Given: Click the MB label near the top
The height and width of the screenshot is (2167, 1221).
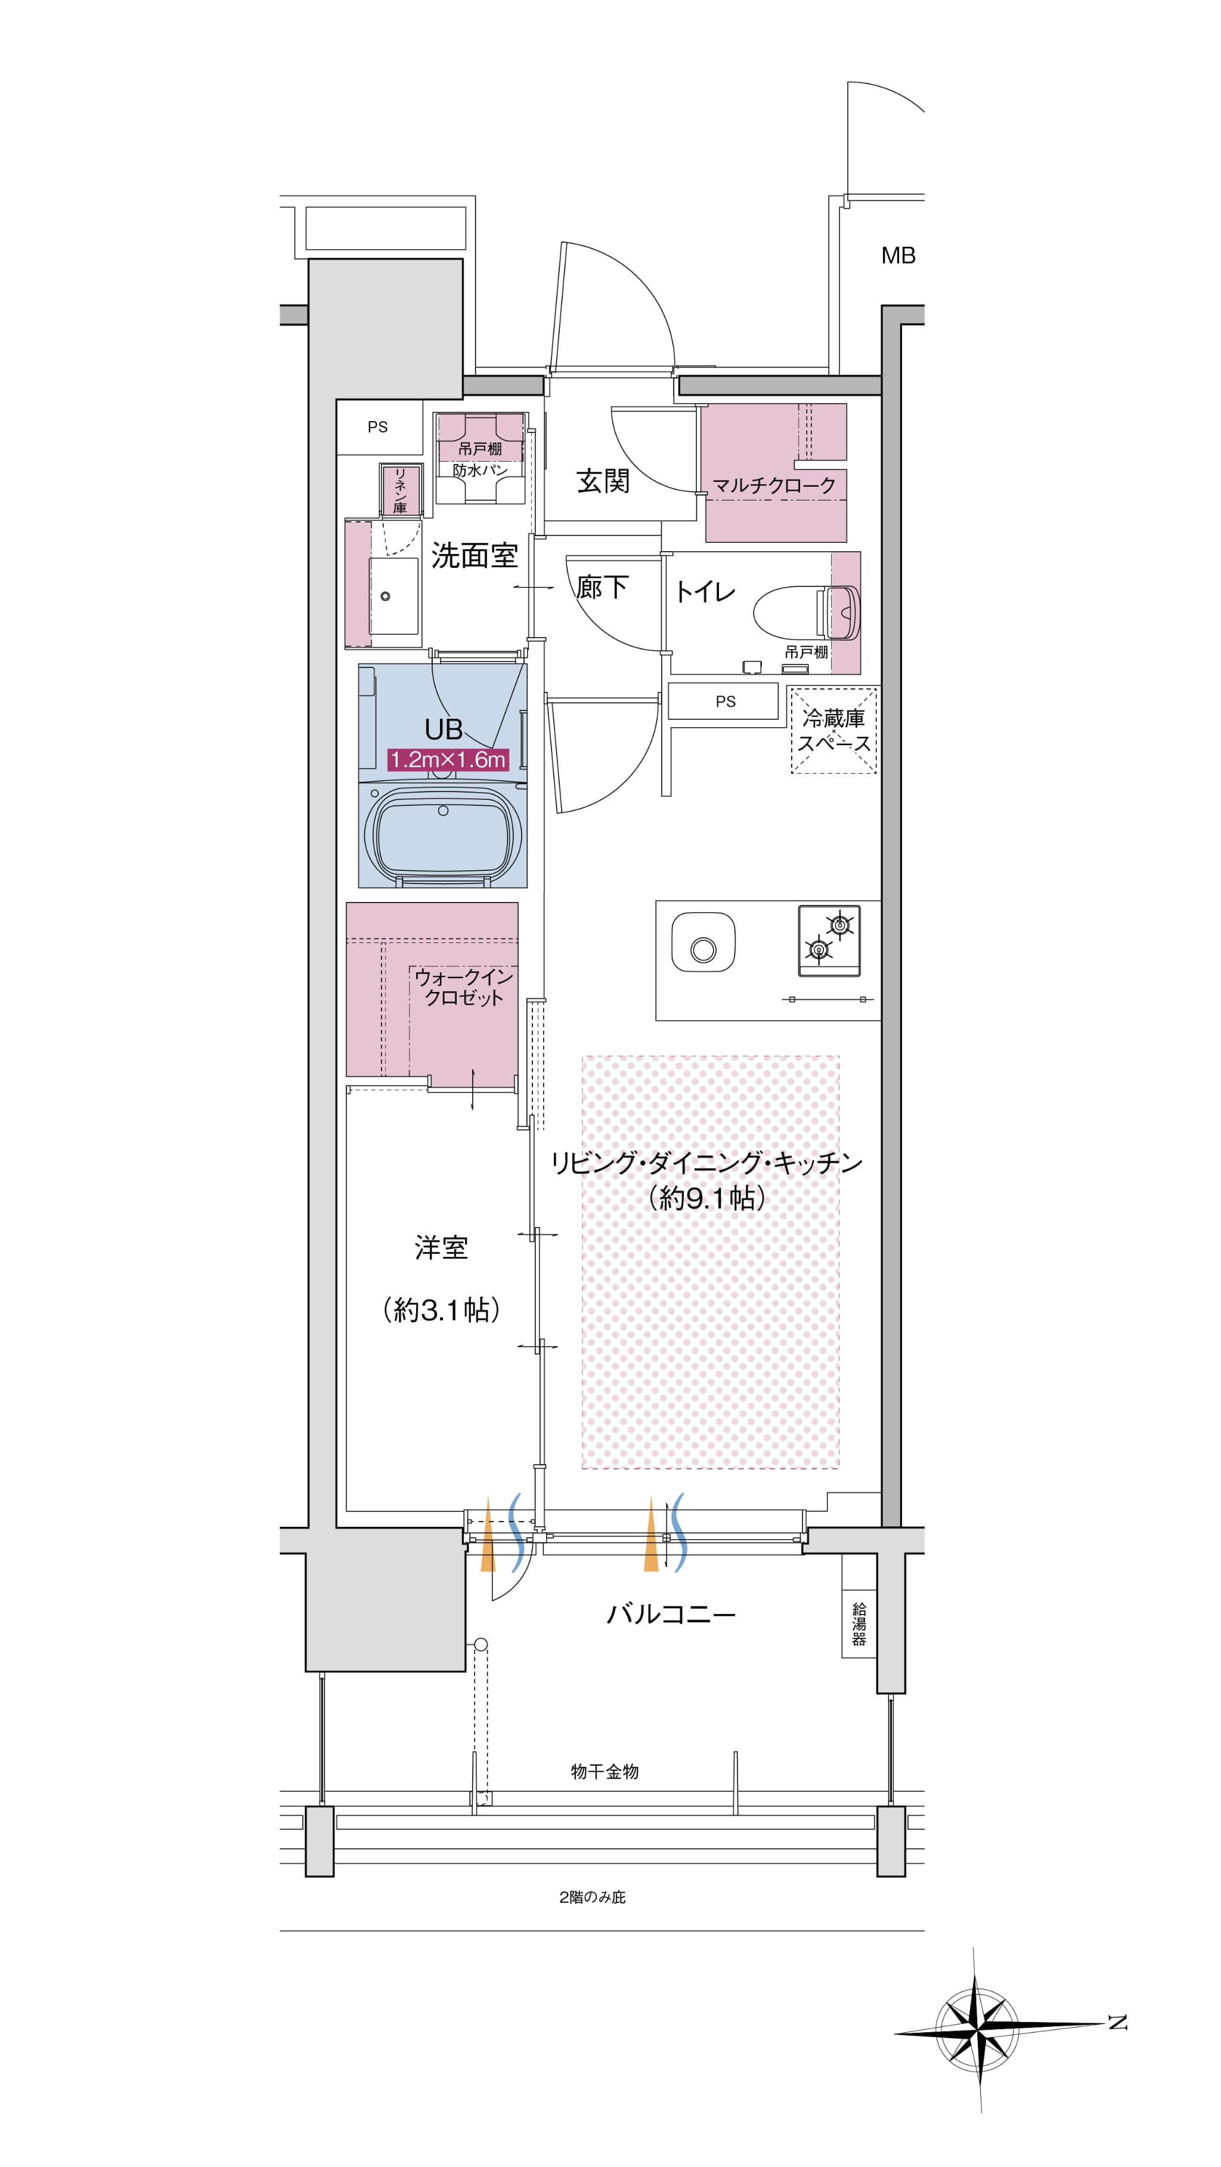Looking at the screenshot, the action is click(x=898, y=256).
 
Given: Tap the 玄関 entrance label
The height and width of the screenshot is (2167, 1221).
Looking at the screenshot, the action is click(x=603, y=481).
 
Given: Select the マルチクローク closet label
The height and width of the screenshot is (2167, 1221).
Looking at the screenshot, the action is click(x=774, y=486).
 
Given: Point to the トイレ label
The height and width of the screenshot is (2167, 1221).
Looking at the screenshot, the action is click(x=705, y=591).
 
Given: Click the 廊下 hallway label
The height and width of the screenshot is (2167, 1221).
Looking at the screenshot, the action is click(x=602, y=587).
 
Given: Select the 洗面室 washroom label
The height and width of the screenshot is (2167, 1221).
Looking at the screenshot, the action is click(x=475, y=555).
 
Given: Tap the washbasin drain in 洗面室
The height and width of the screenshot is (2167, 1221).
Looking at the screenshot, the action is click(x=385, y=596).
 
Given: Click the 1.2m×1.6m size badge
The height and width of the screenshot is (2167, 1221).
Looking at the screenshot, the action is click(x=447, y=760).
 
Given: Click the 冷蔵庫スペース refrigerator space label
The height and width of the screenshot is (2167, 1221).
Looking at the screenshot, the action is click(x=833, y=730).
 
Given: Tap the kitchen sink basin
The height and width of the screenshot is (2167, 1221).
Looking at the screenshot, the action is click(x=703, y=942).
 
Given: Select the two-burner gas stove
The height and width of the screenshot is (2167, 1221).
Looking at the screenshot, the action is click(x=829, y=941).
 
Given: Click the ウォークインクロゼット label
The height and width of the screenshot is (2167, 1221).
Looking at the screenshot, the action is click(x=463, y=987).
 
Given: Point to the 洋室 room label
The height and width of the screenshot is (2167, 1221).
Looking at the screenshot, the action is click(x=441, y=1248).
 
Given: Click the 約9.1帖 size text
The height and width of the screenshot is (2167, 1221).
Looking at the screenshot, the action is click(x=707, y=1197).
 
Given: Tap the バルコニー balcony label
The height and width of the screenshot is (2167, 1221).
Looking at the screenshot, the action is click(x=671, y=1613).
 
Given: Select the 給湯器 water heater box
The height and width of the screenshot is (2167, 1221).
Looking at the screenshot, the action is click(x=859, y=1624).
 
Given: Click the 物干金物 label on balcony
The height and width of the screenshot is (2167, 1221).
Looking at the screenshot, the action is click(x=605, y=1772).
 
